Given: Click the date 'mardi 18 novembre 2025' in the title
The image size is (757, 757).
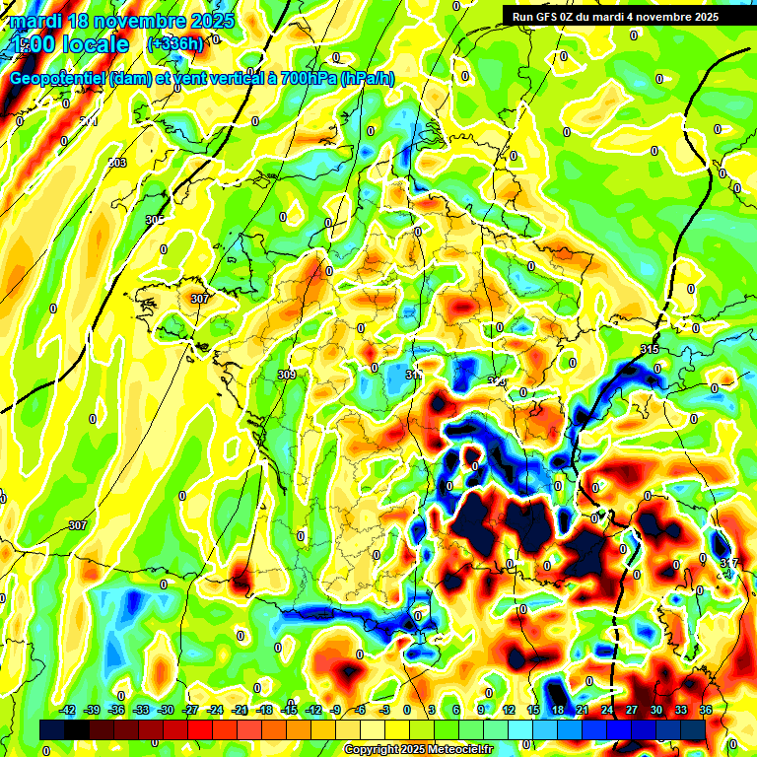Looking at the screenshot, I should click(123, 21).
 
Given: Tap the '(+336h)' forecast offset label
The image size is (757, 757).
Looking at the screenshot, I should click(175, 43).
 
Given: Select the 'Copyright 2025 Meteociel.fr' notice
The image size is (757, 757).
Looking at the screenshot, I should click(418, 750).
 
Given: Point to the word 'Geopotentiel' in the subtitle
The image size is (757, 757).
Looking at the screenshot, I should click(58, 78).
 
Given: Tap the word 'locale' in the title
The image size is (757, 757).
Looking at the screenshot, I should click(93, 44).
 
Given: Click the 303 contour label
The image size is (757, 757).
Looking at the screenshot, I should click(117, 163).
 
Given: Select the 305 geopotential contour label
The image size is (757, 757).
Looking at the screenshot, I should click(155, 220).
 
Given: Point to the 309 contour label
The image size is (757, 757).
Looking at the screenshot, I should click(287, 375).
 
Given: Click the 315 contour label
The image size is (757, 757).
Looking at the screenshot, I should click(650, 350).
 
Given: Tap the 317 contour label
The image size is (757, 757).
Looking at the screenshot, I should click(728, 563).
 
